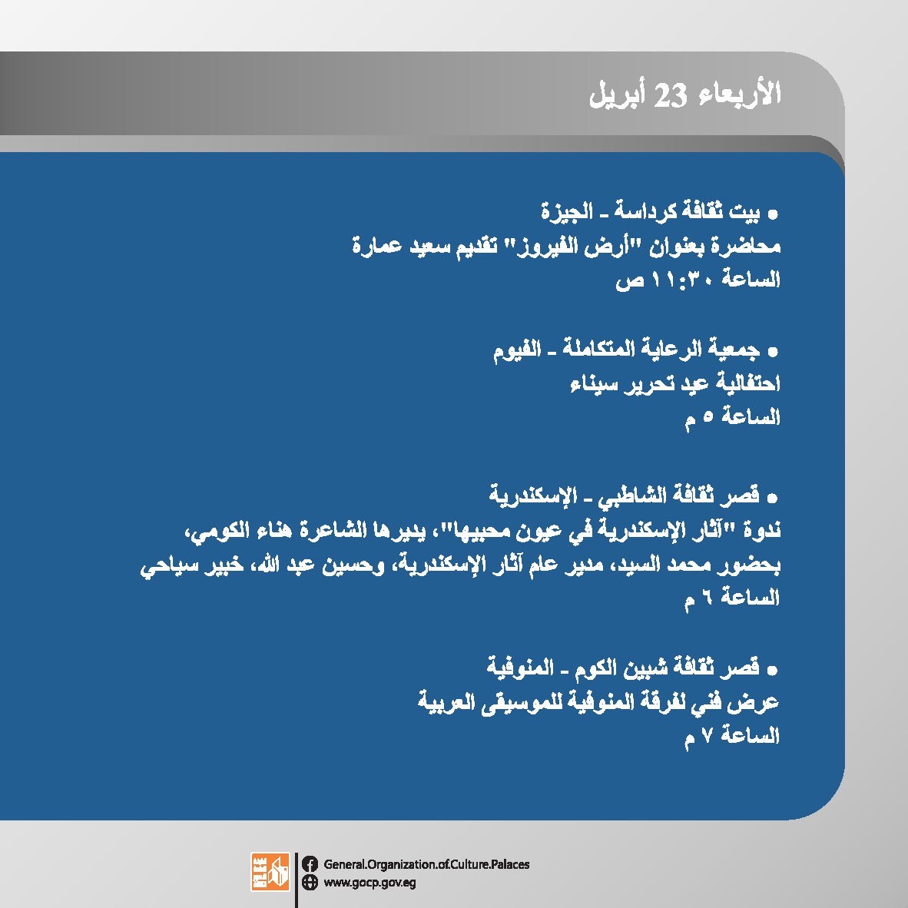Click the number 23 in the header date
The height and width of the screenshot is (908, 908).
point(670,95)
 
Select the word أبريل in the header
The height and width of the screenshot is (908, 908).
point(617,95)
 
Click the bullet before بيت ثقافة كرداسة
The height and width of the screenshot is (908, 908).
point(773,215)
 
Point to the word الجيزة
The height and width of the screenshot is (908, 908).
point(567,211)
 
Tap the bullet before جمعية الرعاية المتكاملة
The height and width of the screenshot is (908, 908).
point(773,352)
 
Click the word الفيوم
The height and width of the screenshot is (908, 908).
point(517,350)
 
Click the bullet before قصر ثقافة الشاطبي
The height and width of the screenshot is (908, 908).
point(773,498)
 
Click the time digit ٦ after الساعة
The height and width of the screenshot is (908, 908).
point(707,596)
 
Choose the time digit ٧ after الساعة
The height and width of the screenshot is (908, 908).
point(707,736)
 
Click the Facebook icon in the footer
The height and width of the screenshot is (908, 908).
point(310,864)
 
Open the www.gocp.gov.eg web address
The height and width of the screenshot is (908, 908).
point(369,883)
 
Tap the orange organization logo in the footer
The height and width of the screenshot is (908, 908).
point(270,872)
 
